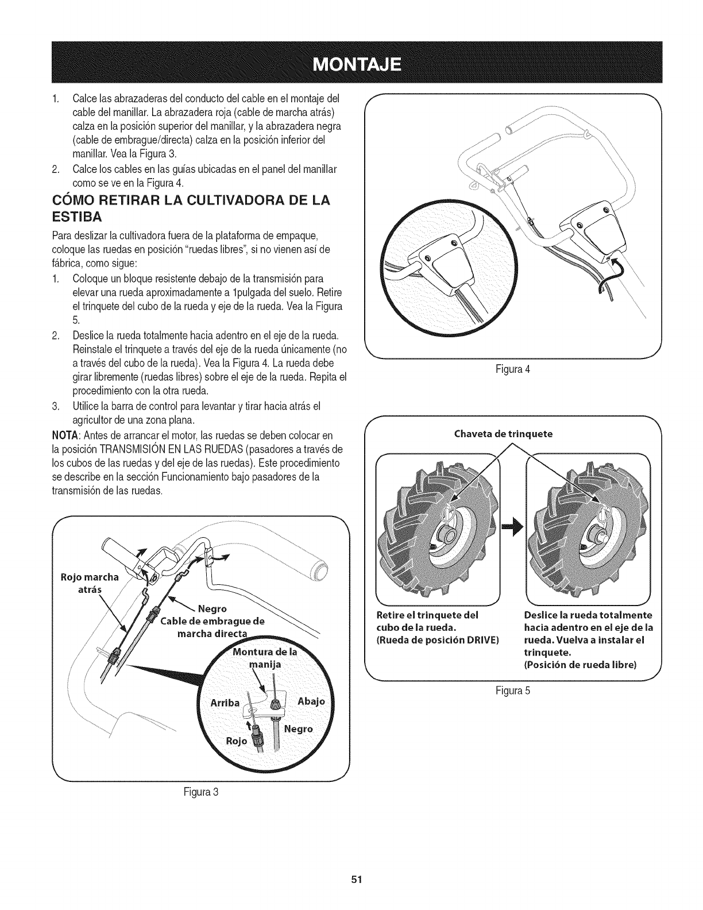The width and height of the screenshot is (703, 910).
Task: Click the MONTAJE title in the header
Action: tap(351, 63)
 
